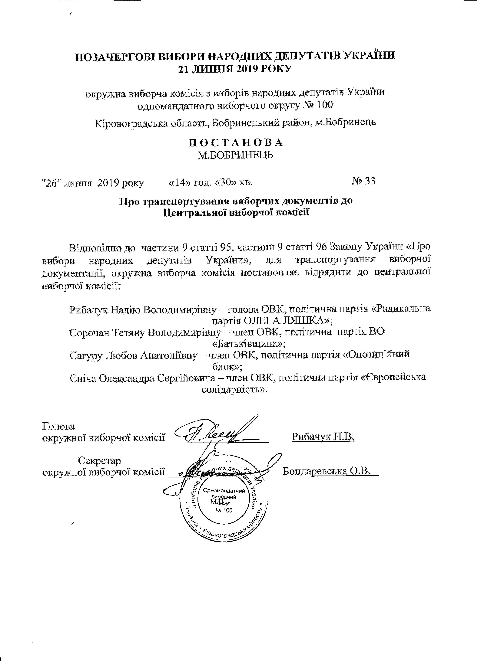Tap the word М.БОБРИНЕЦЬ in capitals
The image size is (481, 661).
236,155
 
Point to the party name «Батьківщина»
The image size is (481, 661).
248,344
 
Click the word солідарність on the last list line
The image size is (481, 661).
234,390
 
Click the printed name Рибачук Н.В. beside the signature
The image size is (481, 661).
323,437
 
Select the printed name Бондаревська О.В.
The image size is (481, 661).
326,471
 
